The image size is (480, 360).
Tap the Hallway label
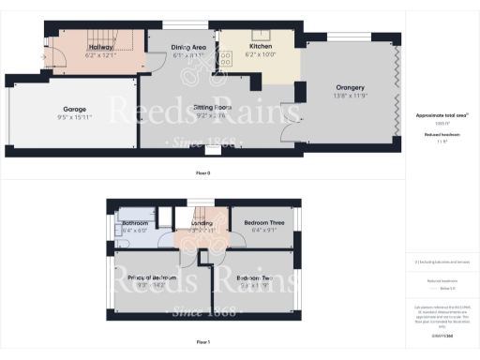coord(100,46)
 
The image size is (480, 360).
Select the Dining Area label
coord(188,46)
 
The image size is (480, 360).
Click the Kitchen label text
coord(261,46)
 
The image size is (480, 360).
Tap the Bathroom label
coord(136,223)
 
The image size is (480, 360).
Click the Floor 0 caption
coord(202,173)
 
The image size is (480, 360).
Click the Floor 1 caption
coord(202,343)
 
